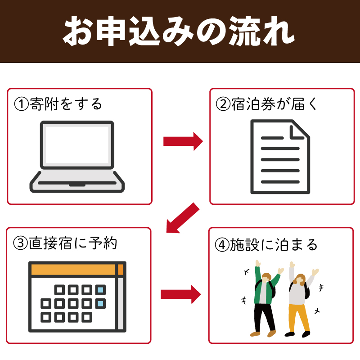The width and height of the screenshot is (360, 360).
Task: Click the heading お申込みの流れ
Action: (179, 31)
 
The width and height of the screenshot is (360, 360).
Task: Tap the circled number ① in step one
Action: (21, 104)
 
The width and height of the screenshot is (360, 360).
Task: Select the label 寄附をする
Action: (66, 104)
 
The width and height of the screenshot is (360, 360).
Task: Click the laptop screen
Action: (77, 145)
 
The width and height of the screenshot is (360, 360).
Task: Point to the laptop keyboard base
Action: (77, 182)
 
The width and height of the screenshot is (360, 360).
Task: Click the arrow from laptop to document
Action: (183, 141)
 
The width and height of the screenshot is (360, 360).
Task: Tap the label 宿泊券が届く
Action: (274, 104)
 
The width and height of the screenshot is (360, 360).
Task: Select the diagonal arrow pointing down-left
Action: (183, 218)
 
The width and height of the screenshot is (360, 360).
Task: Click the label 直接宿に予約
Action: (73, 243)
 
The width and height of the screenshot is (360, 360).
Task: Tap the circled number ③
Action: (20, 243)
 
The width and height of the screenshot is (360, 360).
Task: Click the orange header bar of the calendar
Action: (77, 270)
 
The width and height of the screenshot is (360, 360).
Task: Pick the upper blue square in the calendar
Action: (100, 290)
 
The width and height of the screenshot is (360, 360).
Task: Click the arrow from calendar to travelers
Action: (181, 294)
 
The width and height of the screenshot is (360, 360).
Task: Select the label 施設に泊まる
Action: (274, 245)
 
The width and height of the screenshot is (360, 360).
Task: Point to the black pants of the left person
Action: (264, 317)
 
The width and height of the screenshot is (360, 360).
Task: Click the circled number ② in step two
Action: (223, 104)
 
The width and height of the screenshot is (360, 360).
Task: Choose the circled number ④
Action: (222, 245)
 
